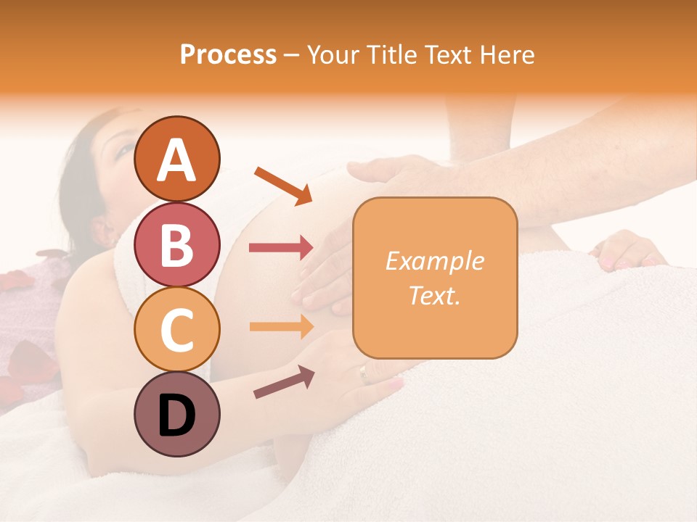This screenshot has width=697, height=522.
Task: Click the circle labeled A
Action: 176,159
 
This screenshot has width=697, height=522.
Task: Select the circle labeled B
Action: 176,245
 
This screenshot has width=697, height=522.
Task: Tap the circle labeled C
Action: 176,330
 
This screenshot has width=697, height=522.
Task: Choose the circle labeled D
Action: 176,415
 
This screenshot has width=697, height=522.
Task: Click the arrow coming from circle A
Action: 282,185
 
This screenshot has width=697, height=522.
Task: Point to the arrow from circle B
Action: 281,248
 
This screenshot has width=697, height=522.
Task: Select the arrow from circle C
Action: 281,326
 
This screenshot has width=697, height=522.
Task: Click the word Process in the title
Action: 228,55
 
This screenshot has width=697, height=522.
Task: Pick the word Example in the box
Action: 434,261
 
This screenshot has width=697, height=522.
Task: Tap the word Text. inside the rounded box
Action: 434,295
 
